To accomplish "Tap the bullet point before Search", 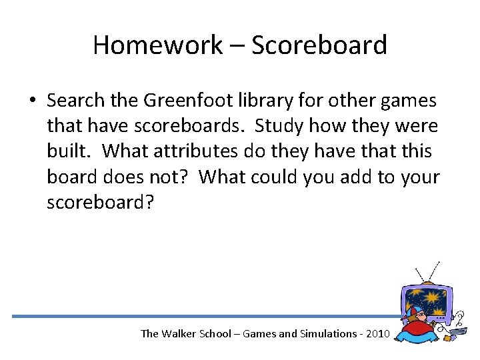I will [32, 101].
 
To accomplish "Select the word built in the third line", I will [69, 151].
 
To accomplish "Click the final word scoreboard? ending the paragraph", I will [99, 202].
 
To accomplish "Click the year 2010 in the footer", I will [373, 333].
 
